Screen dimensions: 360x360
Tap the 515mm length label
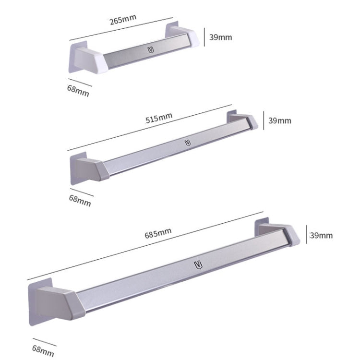[159, 118]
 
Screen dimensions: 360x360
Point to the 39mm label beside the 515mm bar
[279, 120]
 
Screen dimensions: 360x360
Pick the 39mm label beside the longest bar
[321, 235]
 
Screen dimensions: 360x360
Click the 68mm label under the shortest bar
[78, 90]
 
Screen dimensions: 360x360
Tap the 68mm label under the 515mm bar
[80, 200]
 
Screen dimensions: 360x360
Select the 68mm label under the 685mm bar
[43, 350]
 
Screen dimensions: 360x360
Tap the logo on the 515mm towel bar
[187, 142]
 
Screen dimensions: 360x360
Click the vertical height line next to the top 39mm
[205, 36]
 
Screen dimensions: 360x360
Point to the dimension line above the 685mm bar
[144, 245]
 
